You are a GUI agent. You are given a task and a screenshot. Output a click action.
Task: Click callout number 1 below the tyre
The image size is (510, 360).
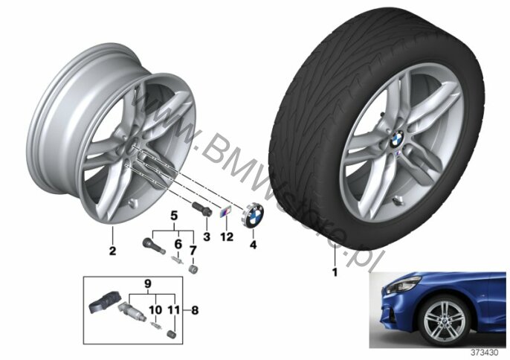tap(335, 271)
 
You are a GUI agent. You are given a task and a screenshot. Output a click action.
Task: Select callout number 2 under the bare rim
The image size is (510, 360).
tap(112, 251)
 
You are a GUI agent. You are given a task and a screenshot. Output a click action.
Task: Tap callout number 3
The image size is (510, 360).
tap(207, 237)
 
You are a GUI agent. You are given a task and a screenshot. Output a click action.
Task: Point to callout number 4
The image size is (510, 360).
tap(253, 245)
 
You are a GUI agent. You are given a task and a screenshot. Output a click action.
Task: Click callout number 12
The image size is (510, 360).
tap(226, 237)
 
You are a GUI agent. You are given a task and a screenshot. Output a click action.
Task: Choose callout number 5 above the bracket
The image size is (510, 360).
tap(174, 216)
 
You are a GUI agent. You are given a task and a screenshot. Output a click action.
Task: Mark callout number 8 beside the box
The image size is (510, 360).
tap(195, 310)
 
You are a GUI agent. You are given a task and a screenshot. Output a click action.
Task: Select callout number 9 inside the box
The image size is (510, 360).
tap(148, 284)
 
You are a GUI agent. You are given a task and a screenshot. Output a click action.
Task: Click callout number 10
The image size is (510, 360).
tap(155, 309)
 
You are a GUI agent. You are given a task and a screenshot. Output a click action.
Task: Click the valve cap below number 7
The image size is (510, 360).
tap(193, 270)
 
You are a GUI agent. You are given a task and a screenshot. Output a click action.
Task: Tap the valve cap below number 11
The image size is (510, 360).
tap(172, 334)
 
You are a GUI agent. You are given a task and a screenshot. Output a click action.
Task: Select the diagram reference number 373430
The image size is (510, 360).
tap(485, 353)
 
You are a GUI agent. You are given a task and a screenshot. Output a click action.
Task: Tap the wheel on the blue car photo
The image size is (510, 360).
tap(444, 320)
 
